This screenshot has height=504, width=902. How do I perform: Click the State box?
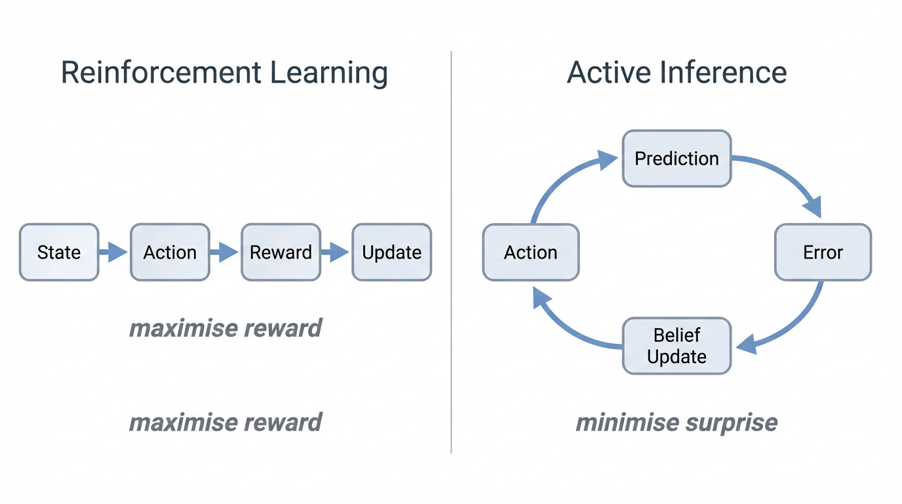click(x=59, y=252)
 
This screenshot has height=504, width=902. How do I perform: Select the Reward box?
click(x=281, y=252)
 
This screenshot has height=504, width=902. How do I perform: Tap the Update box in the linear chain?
click(x=391, y=252)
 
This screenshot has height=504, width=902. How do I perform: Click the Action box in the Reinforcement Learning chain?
click(x=170, y=252)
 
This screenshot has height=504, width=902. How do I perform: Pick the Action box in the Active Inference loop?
click(x=530, y=252)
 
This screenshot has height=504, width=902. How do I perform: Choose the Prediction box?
click(x=676, y=158)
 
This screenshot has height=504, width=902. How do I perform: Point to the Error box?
click(x=823, y=252)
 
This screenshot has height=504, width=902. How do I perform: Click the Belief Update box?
click(x=676, y=346)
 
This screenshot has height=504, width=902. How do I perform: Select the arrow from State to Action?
click(x=113, y=252)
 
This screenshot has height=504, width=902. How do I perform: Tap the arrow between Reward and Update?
click(x=336, y=252)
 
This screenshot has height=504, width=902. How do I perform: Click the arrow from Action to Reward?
click(x=225, y=252)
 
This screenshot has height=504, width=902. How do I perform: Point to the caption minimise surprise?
click(x=676, y=422)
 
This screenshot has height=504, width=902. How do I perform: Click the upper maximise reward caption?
click(x=225, y=327)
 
